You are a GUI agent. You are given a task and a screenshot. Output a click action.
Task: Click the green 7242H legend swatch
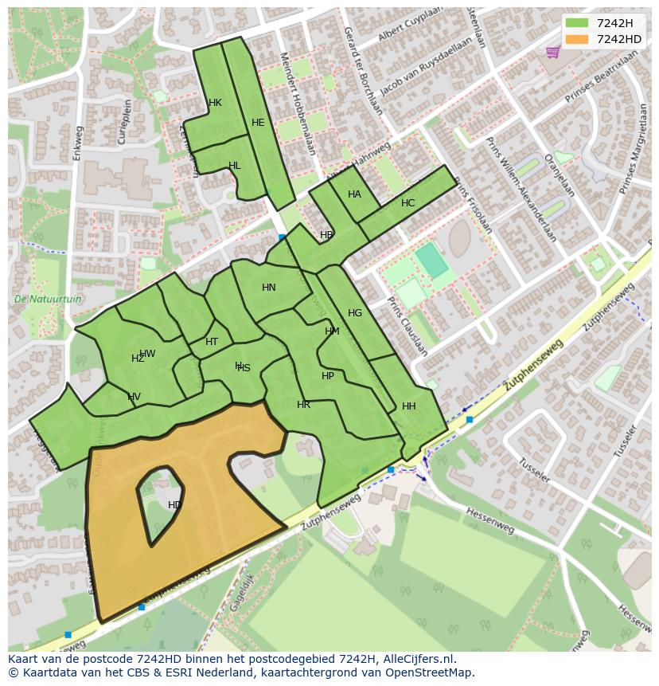[577, 23]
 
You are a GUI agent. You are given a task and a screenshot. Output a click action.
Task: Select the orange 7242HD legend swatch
[577, 39]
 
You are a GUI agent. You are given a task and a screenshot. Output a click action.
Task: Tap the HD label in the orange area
[175, 505]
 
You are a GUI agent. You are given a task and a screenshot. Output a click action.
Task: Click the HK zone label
[215, 103]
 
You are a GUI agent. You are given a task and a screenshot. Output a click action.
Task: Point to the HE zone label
[258, 123]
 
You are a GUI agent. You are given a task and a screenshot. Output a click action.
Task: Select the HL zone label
[234, 166]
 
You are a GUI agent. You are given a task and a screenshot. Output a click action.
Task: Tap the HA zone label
[354, 194]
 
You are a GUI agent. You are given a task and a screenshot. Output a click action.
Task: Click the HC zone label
[407, 203]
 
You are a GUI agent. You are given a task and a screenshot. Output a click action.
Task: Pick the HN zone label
[269, 288]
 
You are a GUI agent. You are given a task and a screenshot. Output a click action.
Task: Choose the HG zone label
[355, 313]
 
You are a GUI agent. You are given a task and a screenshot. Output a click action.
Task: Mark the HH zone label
[409, 406]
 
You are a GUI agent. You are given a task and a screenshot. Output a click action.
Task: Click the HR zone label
[303, 405]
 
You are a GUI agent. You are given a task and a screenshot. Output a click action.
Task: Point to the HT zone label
[212, 342]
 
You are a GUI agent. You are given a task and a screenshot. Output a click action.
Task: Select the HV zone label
[134, 397]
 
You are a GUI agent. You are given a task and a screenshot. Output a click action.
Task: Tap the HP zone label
[328, 376]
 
